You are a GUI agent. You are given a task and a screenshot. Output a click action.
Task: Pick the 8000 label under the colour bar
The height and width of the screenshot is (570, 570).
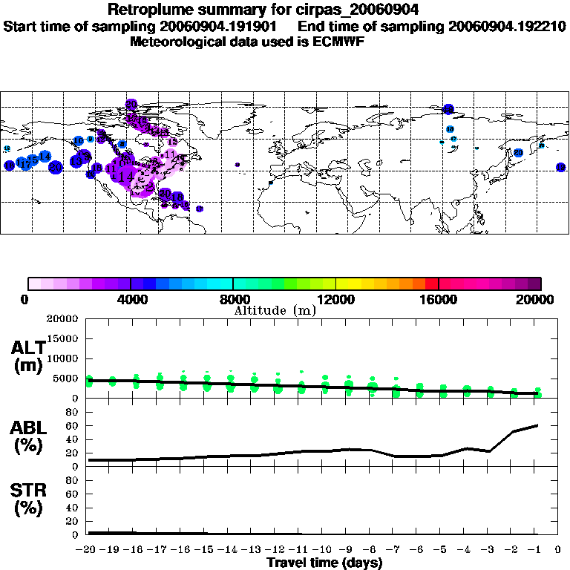[232, 299]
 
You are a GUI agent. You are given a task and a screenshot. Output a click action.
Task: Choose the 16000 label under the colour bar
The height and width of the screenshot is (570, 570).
[438, 299]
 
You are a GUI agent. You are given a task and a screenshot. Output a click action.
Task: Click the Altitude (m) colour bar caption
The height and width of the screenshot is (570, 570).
[275, 310]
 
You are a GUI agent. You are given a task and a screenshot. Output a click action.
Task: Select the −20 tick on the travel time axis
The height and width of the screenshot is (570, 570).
[88, 550]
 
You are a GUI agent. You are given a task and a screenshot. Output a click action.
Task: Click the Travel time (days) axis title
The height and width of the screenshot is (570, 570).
[324, 563]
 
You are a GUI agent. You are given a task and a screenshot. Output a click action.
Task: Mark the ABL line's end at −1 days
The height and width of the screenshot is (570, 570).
[537, 425]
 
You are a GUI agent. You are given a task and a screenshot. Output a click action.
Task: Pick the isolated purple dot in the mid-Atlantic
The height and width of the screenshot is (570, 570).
[237, 164]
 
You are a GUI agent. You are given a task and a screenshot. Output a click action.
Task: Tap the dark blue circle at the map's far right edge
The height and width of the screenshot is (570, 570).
[561, 167]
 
